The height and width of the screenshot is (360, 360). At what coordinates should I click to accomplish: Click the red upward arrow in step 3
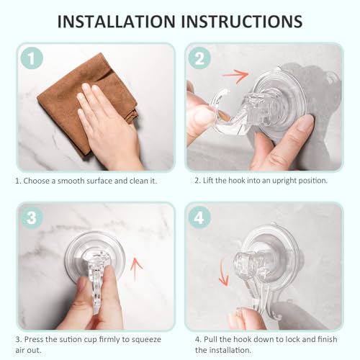click(136, 271)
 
